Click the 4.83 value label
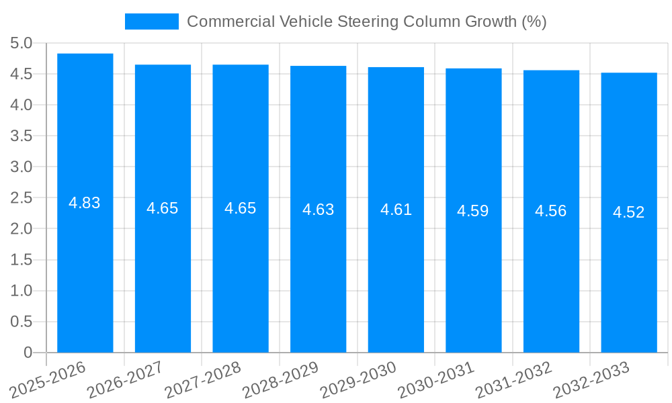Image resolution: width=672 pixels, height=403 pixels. click(85, 203)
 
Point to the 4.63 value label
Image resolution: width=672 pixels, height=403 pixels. click(318, 209)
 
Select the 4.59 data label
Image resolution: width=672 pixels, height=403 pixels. click(473, 211)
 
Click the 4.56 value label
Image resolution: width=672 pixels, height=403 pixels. click(551, 211)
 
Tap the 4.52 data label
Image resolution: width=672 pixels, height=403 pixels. click(629, 212)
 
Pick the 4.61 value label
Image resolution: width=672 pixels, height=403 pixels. click(396, 210)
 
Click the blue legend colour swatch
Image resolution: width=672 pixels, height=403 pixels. click(151, 21)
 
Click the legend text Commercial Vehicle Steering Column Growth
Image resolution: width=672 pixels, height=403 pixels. click(366, 21)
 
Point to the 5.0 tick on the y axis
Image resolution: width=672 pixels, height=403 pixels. click(22, 44)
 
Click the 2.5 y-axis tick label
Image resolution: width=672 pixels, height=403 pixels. click(22, 198)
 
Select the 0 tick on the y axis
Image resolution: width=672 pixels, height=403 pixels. click(28, 353)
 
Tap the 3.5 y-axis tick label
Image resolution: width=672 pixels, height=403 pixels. click(22, 136)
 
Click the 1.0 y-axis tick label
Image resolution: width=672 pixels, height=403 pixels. click(22, 291)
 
